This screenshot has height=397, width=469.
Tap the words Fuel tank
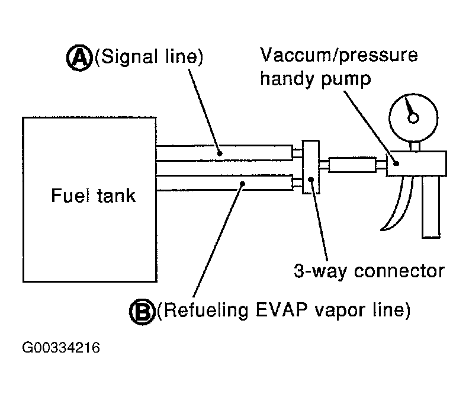tap(92, 195)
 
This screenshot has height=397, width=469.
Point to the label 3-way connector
tap(368, 271)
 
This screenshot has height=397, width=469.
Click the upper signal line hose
tap(225, 153)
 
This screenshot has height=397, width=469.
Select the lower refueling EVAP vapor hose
tap(225, 183)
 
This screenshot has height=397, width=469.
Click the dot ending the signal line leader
tap(219, 153)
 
